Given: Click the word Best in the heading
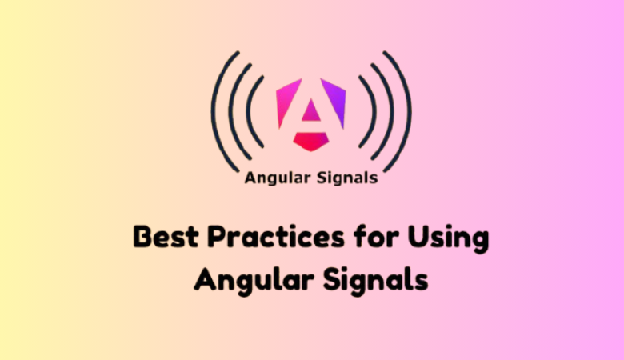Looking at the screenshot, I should point(161,239).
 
